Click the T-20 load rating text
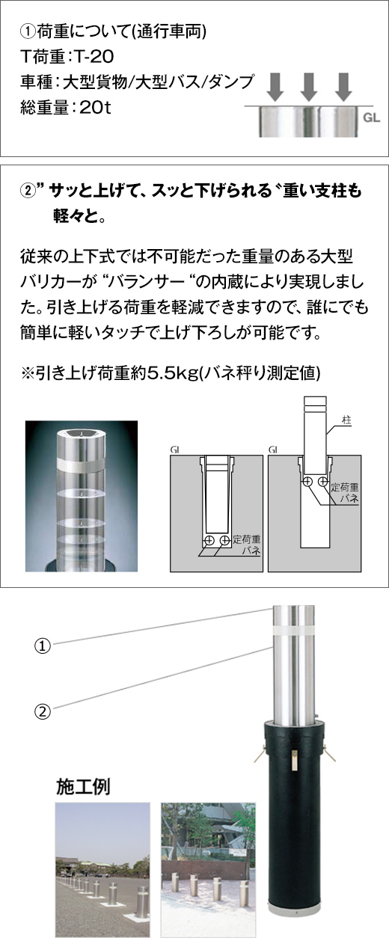tap(94, 57)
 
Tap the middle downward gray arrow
tap(309, 87)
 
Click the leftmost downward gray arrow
tap(275, 87)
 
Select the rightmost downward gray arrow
tap(343, 87)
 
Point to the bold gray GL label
tap(371, 117)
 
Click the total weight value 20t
tap(95, 108)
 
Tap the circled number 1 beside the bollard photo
tap(43, 646)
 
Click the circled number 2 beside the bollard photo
tap(43, 711)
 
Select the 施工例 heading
tap(83, 787)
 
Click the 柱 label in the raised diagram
tap(346, 420)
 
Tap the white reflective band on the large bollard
tap(293, 631)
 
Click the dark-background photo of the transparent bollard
tap(82, 496)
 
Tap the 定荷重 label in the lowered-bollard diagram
tap(247, 539)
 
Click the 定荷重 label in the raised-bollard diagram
tap(345, 487)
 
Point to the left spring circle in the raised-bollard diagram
tap(307, 482)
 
